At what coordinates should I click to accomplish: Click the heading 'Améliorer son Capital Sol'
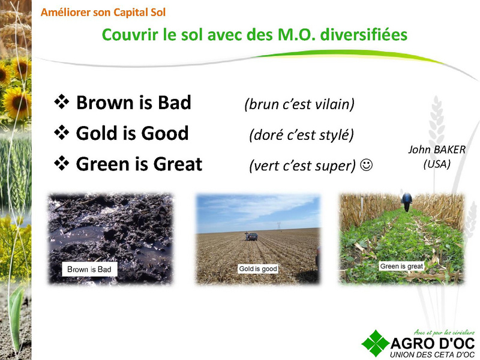(103, 13)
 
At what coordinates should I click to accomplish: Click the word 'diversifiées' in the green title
(364, 34)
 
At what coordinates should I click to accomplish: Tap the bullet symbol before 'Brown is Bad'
(62, 101)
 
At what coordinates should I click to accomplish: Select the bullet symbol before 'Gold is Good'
(62, 133)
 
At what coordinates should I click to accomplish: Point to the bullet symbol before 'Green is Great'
(62, 163)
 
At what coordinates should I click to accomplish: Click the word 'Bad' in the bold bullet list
(175, 102)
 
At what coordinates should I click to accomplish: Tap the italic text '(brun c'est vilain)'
(299, 104)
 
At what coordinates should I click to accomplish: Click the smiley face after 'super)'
(366, 164)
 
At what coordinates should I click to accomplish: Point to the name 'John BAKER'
(437, 149)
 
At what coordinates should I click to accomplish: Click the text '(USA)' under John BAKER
(437, 164)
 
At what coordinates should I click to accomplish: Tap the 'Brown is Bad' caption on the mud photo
(89, 269)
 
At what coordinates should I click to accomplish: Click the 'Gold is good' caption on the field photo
(258, 269)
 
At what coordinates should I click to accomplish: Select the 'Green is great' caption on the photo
(401, 266)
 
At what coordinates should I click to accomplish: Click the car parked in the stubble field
(251, 236)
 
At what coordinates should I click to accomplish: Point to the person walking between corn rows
(407, 202)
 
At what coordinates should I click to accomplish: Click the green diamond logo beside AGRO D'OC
(376, 343)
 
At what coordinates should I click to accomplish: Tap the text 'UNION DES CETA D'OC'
(432, 355)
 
